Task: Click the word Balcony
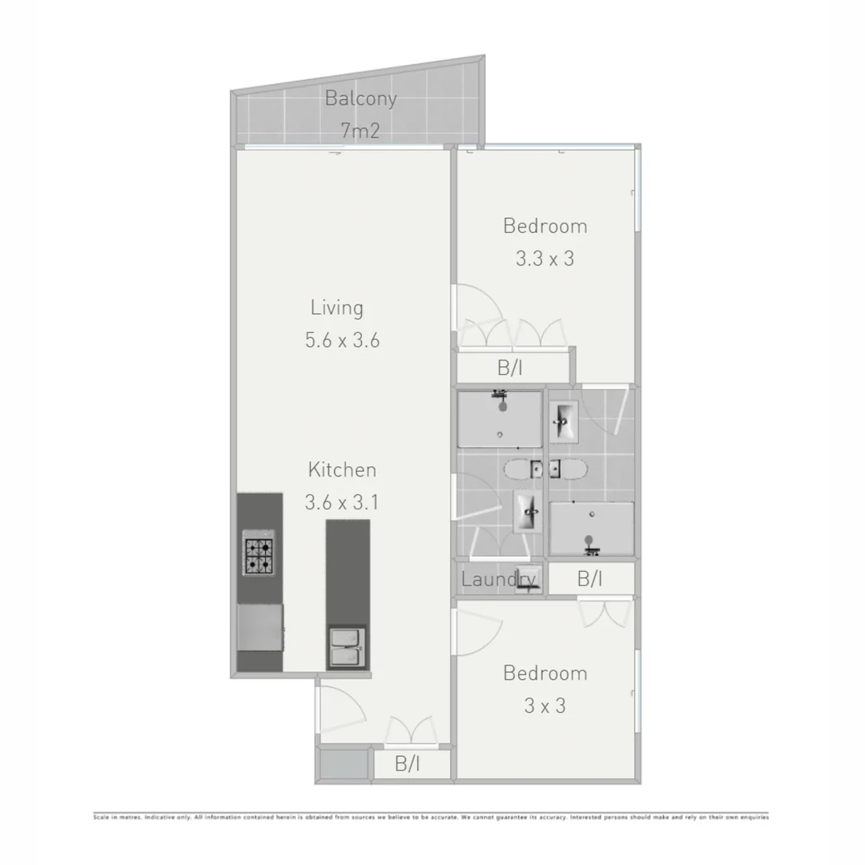[360, 99]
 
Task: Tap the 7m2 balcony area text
[360, 131]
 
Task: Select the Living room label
[337, 308]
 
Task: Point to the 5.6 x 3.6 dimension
[342, 340]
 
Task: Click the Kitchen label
[342, 470]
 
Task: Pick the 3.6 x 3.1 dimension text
[342, 503]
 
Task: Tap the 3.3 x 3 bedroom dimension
[545, 259]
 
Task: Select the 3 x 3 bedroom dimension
[545, 706]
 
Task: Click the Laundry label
[497, 579]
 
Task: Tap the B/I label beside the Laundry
[589, 578]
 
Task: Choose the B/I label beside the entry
[407, 764]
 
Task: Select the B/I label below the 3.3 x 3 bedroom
[510, 368]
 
